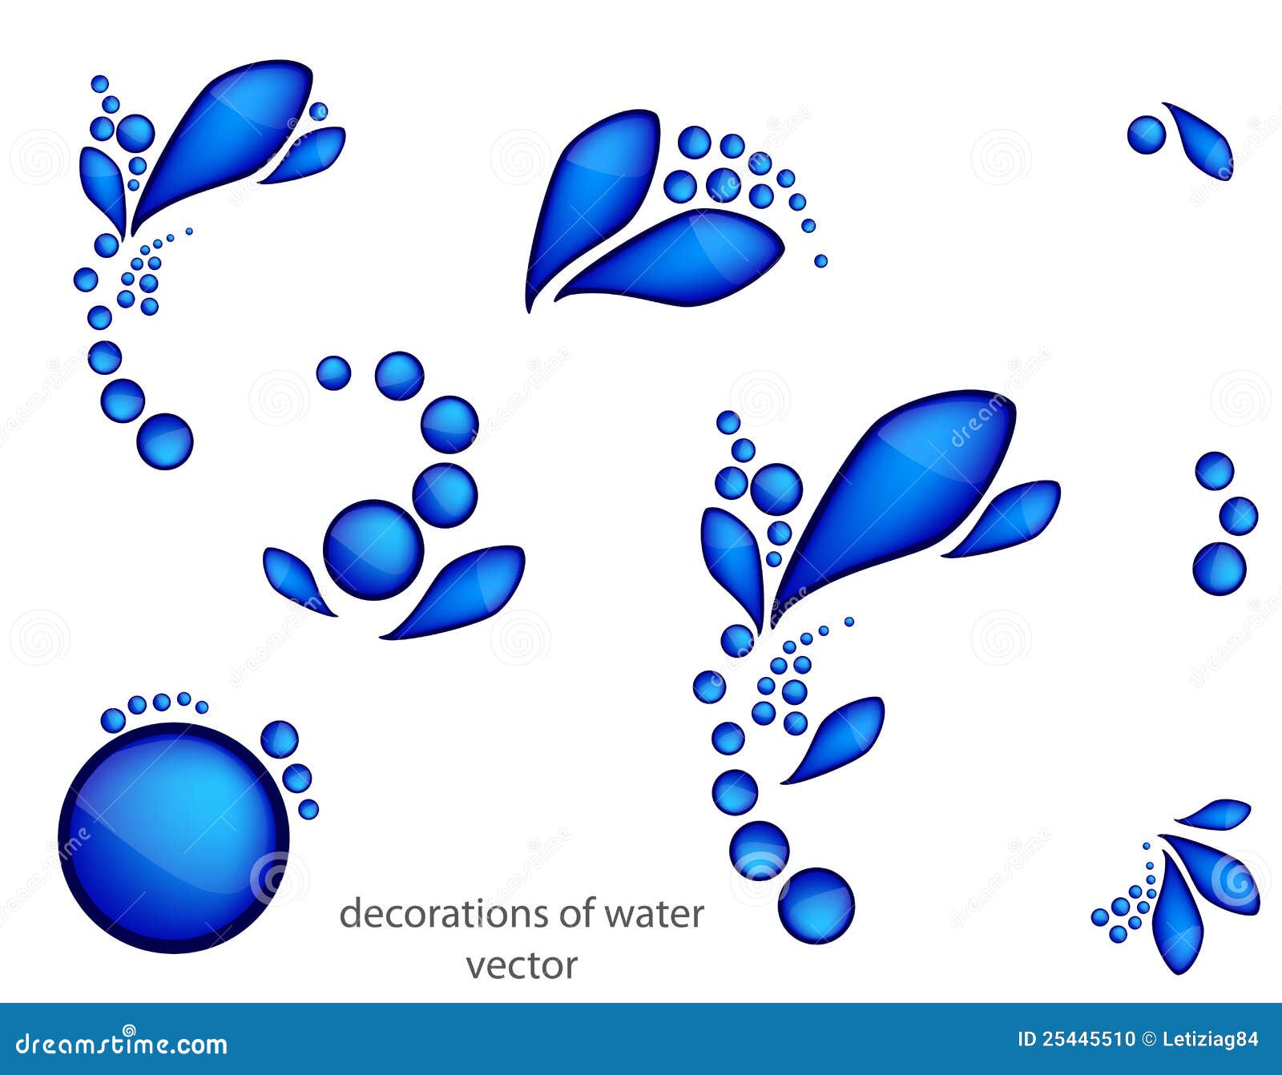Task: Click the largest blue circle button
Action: point(173,836)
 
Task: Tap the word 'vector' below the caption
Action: point(522,965)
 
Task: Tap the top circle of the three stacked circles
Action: point(1215,471)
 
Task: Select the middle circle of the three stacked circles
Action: point(1238,516)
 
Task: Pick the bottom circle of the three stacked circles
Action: point(1220,569)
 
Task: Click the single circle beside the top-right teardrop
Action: point(1147,135)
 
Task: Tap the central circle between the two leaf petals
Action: point(373,550)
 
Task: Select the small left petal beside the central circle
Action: point(294,578)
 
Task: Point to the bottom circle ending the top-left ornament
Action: point(165,441)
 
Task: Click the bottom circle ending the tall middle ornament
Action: point(816,905)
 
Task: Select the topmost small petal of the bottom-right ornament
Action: point(1216,814)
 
